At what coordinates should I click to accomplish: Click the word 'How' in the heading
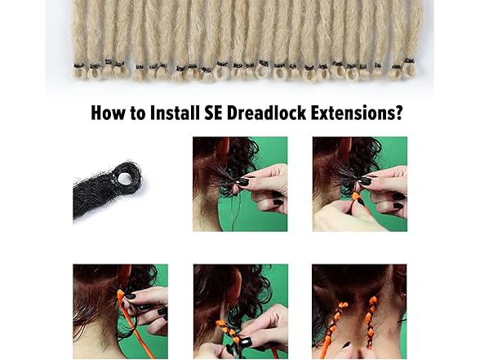[109, 113]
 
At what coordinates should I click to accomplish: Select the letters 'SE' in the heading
[213, 113]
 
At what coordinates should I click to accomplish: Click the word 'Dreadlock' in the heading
[266, 113]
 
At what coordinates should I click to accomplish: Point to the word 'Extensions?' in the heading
[357, 113]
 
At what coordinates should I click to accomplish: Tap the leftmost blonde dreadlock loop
[80, 72]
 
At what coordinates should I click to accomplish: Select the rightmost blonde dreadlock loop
[409, 69]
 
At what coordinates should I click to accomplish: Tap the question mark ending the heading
[399, 113]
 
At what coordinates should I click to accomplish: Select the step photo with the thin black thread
[240, 184]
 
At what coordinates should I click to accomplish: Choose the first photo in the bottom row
[120, 312]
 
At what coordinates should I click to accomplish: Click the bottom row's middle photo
[241, 312]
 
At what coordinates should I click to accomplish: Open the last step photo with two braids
[359, 312]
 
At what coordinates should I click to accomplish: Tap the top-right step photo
[360, 184]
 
